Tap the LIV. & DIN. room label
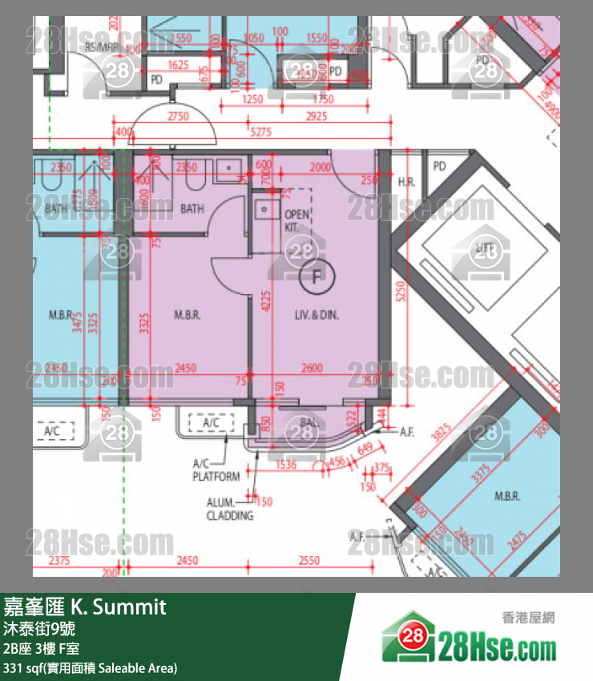pyautogui.click(x=317, y=316)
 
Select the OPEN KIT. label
pyautogui.click(x=296, y=221)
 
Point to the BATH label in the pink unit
pyautogui.click(x=192, y=209)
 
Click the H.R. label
pyautogui.click(x=406, y=183)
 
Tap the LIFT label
pyautogui.click(x=483, y=248)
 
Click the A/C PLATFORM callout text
pyautogui.click(x=216, y=470)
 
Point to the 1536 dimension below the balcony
pyautogui.click(x=285, y=464)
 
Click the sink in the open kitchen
pyautogui.click(x=264, y=210)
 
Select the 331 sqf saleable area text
pyautogui.click(x=91, y=667)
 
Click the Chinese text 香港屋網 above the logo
pyautogui.click(x=528, y=617)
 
